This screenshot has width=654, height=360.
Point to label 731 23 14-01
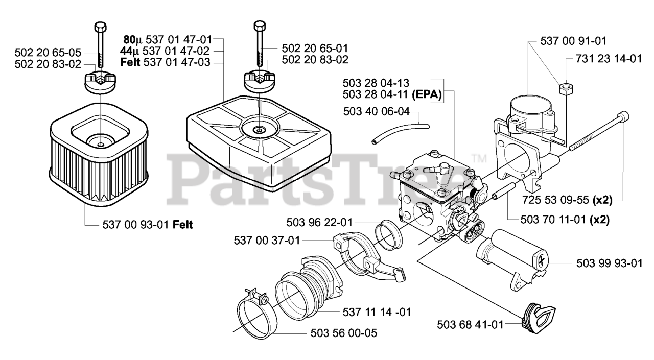[x=609, y=59]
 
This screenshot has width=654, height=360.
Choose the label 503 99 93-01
[x=609, y=263]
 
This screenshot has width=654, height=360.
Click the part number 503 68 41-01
[x=471, y=324]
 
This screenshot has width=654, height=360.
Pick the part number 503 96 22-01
[x=320, y=223]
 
